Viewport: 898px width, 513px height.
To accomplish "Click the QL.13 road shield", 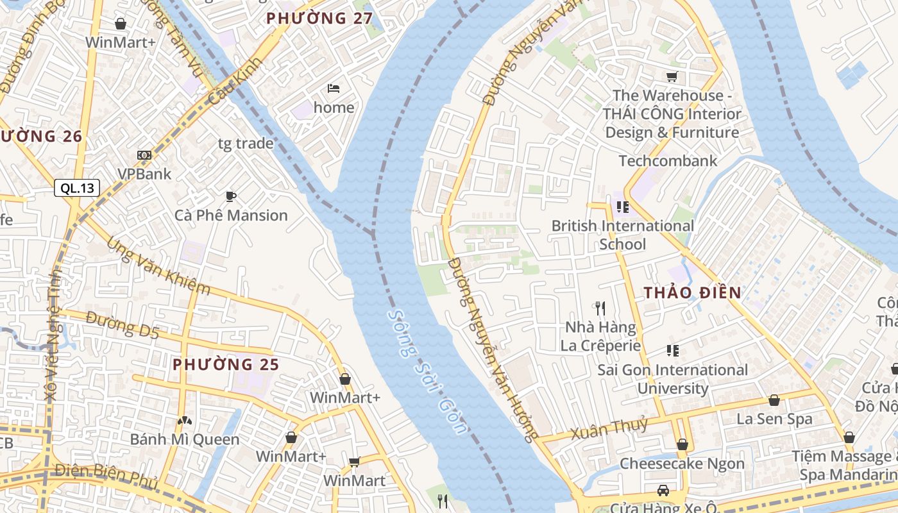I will [x=77, y=188].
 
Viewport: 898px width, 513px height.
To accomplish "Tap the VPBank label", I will [x=144, y=174].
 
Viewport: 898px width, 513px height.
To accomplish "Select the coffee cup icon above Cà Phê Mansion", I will [x=231, y=196].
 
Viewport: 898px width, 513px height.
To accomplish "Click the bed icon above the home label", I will [x=333, y=88].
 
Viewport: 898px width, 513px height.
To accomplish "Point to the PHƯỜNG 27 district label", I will [x=319, y=18].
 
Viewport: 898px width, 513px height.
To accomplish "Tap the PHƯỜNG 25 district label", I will [x=226, y=364].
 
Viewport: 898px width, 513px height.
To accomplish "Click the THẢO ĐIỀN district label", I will [x=693, y=292].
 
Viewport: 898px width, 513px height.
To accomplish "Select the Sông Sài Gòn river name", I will [x=427, y=373].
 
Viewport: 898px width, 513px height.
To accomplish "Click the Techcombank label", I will [x=668, y=160].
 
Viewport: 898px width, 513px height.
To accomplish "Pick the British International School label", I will [x=623, y=235].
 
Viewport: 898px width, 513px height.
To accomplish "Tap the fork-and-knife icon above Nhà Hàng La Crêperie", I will [x=600, y=308].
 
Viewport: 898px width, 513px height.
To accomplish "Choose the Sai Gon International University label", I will [x=672, y=378].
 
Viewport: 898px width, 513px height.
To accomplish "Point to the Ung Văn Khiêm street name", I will [x=158, y=266].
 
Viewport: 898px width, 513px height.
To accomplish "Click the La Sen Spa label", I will [x=774, y=419].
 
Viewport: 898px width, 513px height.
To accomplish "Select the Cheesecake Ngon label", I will [x=682, y=464].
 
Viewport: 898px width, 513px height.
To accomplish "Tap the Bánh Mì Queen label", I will [x=185, y=439].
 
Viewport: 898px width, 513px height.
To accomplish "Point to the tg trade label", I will [x=246, y=143].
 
